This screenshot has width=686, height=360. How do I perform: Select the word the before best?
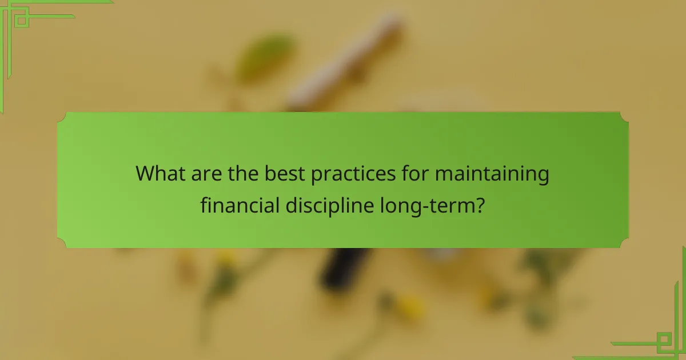(242, 174)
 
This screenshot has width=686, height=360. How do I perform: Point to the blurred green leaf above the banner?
(266, 57)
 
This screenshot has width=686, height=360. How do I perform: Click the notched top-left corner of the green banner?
(62, 117)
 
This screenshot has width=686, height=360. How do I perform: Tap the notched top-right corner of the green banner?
(624, 117)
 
